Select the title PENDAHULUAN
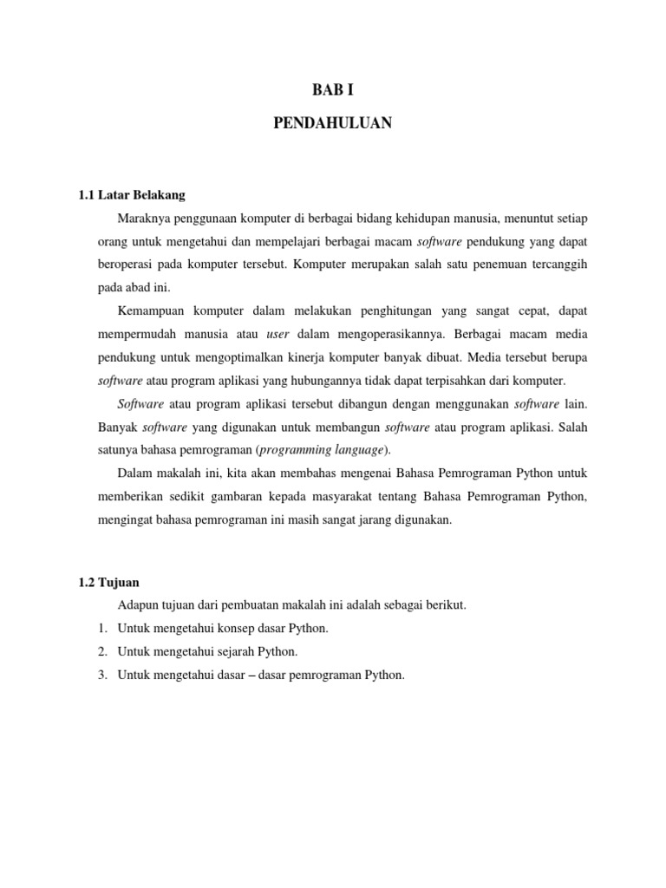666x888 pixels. (x=333, y=124)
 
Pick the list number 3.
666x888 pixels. (x=101, y=675)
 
